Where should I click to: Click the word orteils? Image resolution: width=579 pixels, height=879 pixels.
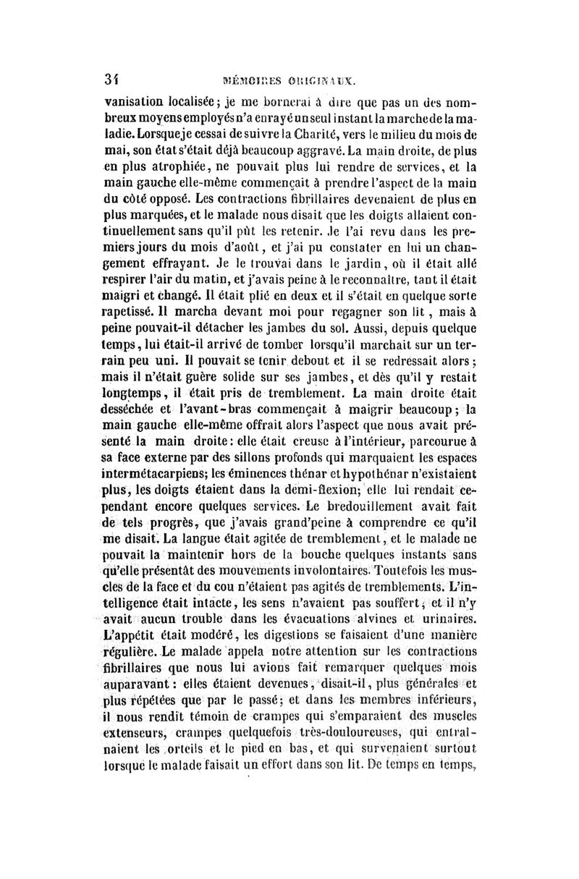click(163, 773)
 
